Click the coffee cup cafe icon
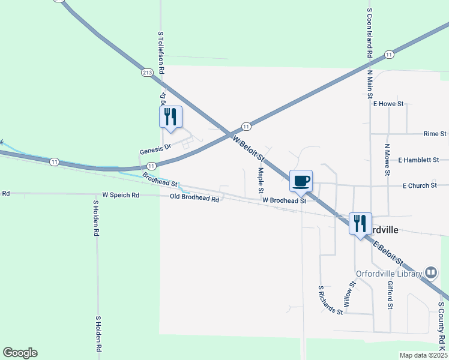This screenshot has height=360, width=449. pyautogui.click(x=301, y=181)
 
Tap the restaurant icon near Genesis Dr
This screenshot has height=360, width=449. pyautogui.click(x=170, y=116)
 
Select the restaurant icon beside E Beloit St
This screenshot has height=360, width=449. pyautogui.click(x=360, y=223)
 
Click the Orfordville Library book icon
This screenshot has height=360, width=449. pyautogui.click(x=430, y=273)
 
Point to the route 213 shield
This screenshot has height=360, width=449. pyautogui.click(x=148, y=72)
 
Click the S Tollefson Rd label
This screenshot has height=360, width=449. pyautogui.click(x=161, y=53)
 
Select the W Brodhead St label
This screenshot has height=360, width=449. pyautogui.click(x=284, y=200)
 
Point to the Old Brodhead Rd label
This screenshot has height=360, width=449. pyautogui.click(x=194, y=197)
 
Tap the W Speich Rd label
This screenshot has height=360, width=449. pyautogui.click(x=121, y=195)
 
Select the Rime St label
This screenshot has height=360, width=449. pyautogui.click(x=435, y=133)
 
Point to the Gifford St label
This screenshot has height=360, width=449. pyautogui.click(x=390, y=295)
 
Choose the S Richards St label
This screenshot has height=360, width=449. pyautogui.click(x=331, y=300)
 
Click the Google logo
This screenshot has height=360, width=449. pyautogui.click(x=20, y=353)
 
